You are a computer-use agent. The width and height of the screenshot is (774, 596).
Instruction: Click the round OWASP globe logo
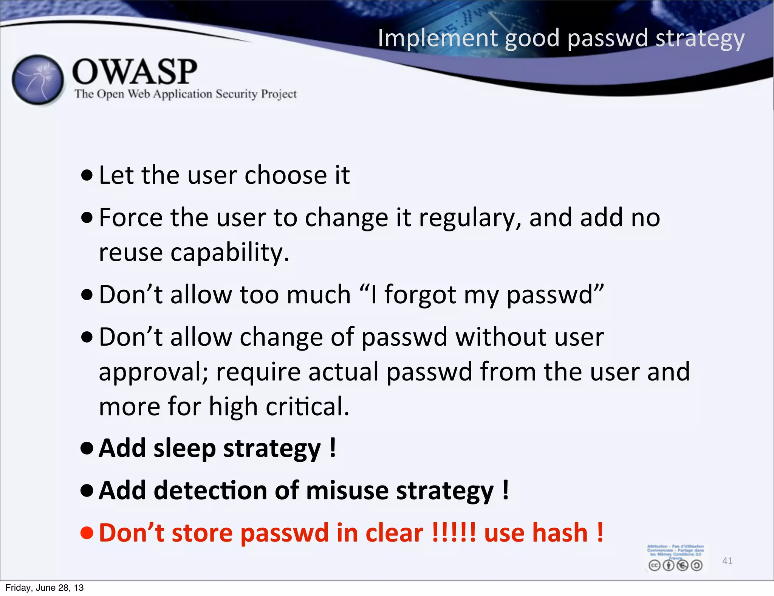[38, 80]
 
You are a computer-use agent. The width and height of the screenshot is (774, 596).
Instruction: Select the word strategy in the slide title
[700, 39]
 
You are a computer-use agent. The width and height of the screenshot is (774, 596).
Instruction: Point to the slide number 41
[727, 560]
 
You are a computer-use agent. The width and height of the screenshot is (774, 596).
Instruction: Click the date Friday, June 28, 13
[44, 588]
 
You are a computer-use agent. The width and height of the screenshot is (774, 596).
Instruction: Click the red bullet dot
[87, 532]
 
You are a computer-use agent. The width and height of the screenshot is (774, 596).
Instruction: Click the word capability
[229, 252]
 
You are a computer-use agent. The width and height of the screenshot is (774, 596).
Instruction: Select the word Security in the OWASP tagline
[236, 94]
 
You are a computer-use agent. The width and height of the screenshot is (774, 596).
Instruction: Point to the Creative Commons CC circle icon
[655, 565]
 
